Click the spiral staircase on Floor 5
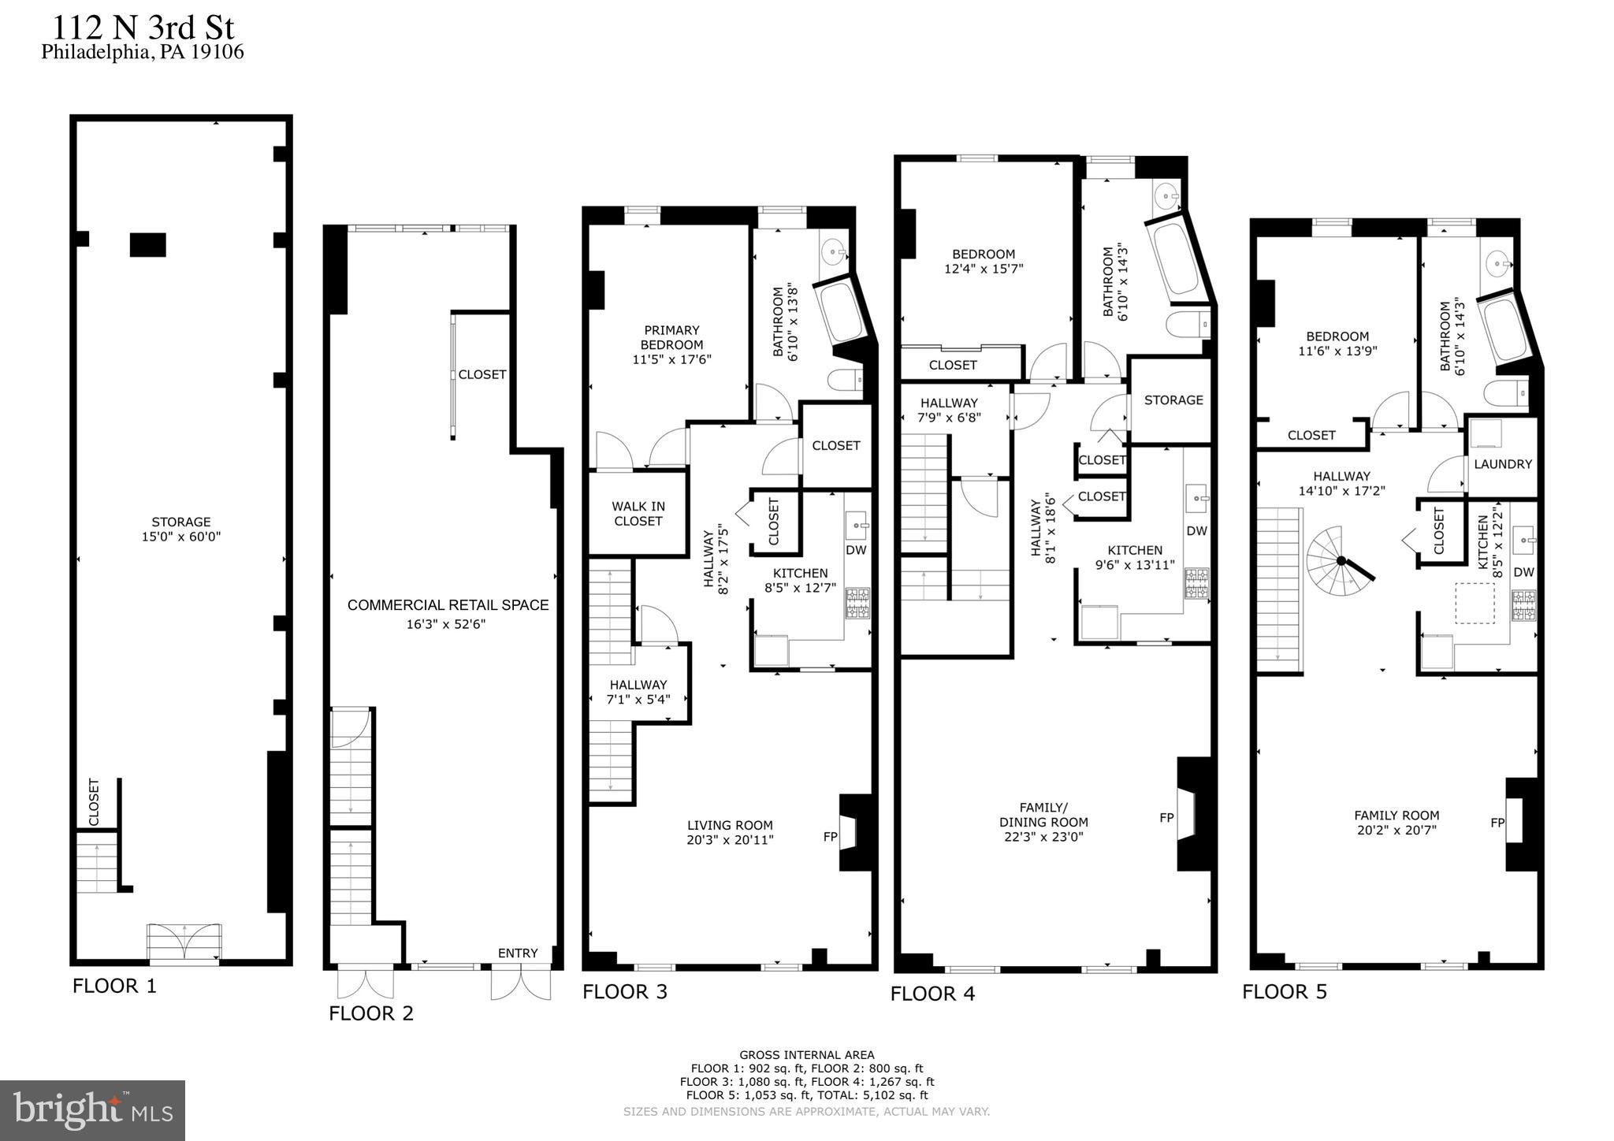(x=1339, y=561)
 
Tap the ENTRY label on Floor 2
(x=518, y=953)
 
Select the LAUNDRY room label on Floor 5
(x=1503, y=464)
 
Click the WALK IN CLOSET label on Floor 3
(x=638, y=514)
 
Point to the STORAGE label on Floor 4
(x=1173, y=400)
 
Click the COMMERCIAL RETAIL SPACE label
(x=448, y=605)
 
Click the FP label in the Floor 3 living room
(x=830, y=837)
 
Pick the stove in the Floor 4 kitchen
(x=1196, y=583)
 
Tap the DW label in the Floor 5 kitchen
(x=1524, y=572)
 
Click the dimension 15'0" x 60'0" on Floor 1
(x=181, y=537)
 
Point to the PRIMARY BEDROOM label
(x=671, y=337)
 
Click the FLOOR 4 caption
(x=933, y=994)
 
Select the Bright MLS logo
(x=93, y=1110)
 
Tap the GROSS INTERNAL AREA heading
(x=807, y=1055)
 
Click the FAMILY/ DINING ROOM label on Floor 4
(x=1043, y=822)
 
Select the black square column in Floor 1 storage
(x=147, y=245)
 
